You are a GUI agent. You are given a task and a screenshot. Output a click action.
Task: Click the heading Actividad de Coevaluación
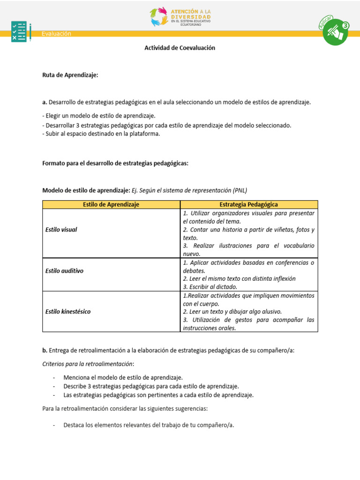click(180, 48)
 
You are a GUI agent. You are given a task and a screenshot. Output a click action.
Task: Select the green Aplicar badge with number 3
click(336, 32)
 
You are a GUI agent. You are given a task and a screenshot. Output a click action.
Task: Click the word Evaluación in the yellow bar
click(56, 33)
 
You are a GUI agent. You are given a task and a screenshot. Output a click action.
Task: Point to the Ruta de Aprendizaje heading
click(70, 75)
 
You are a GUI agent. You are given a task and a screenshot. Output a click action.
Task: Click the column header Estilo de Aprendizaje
click(111, 204)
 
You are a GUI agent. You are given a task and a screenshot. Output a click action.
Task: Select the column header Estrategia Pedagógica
click(248, 204)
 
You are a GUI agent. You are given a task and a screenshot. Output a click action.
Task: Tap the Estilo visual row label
click(61, 230)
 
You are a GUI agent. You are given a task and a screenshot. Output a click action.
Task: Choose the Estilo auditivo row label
click(64, 270)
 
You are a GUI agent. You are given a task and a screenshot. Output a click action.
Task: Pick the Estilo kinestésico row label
click(68, 311)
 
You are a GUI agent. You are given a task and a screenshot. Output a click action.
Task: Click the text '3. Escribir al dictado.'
click(210, 287)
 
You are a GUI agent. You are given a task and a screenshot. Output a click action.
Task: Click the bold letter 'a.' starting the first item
click(45, 102)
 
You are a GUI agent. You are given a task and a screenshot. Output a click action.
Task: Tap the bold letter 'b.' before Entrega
click(45, 350)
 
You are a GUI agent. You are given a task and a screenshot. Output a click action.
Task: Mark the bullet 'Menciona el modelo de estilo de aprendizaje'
click(123, 377)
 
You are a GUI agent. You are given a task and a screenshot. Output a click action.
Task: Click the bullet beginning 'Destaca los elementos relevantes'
click(149, 425)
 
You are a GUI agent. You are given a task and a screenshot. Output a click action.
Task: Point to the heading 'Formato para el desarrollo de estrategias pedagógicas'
click(115, 163)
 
